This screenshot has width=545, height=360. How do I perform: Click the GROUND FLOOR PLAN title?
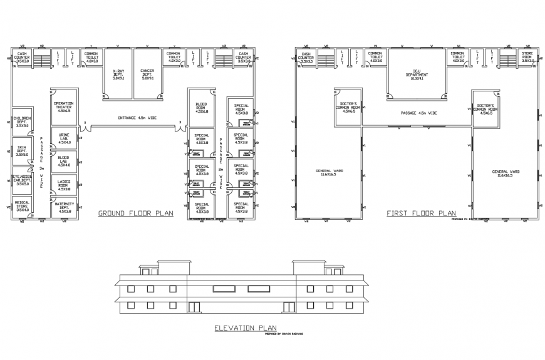(135, 213)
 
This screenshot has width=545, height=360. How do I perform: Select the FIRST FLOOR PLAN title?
(421, 213)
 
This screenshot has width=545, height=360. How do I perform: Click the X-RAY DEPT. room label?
(117, 75)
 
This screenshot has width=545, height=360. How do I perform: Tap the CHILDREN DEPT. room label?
(23, 121)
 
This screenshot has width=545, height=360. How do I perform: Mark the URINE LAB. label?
(64, 138)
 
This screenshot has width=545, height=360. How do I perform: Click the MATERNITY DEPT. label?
(64, 207)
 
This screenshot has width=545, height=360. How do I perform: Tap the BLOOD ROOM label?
(201, 107)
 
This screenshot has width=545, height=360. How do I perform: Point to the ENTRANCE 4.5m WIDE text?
(136, 118)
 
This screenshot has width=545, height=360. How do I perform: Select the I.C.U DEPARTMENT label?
(417, 75)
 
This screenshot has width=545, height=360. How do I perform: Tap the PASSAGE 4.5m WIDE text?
(416, 113)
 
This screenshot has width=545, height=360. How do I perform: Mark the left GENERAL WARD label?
(330, 172)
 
